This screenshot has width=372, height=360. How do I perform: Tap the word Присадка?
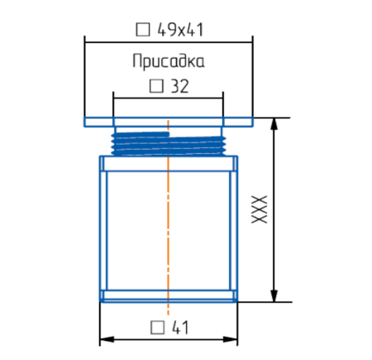(x=168, y=61)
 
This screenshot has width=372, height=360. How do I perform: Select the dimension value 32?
(x=179, y=85)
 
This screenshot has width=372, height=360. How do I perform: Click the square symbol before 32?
(x=155, y=85)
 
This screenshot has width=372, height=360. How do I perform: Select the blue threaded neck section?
(x=168, y=142)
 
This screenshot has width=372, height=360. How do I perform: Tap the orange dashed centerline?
(x=168, y=223)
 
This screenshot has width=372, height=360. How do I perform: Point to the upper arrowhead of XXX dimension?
(x=274, y=122)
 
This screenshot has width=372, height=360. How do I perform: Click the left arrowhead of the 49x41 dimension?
(x=88, y=44)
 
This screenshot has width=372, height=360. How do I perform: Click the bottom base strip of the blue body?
(x=168, y=295)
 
